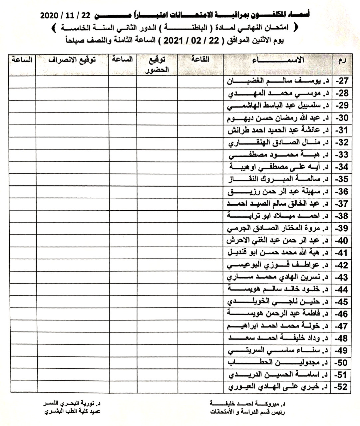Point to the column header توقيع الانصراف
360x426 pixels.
(x=72, y=60)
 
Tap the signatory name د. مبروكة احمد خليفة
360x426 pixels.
(x=249, y=404)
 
